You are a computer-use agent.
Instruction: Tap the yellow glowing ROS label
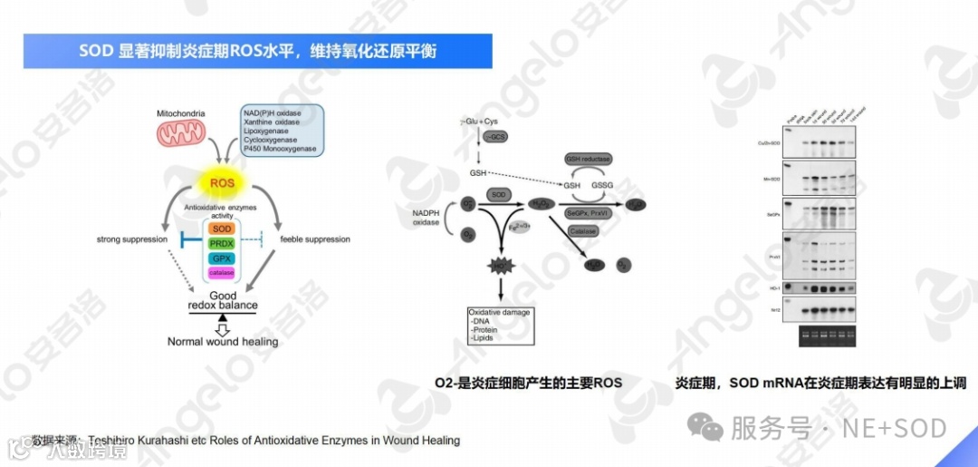[x=222, y=184]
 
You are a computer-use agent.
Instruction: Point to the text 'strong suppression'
[x=132, y=239]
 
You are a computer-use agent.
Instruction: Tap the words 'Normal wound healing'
[x=223, y=342]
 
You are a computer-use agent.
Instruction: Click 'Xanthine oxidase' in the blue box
[x=271, y=122]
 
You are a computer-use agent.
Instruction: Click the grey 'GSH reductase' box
[x=588, y=160]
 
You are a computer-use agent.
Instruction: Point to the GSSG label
[x=602, y=185]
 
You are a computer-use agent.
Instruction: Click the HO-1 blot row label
[x=775, y=289]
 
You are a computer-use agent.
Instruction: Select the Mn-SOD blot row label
[x=772, y=180]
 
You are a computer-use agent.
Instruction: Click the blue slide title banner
[x=258, y=52]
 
